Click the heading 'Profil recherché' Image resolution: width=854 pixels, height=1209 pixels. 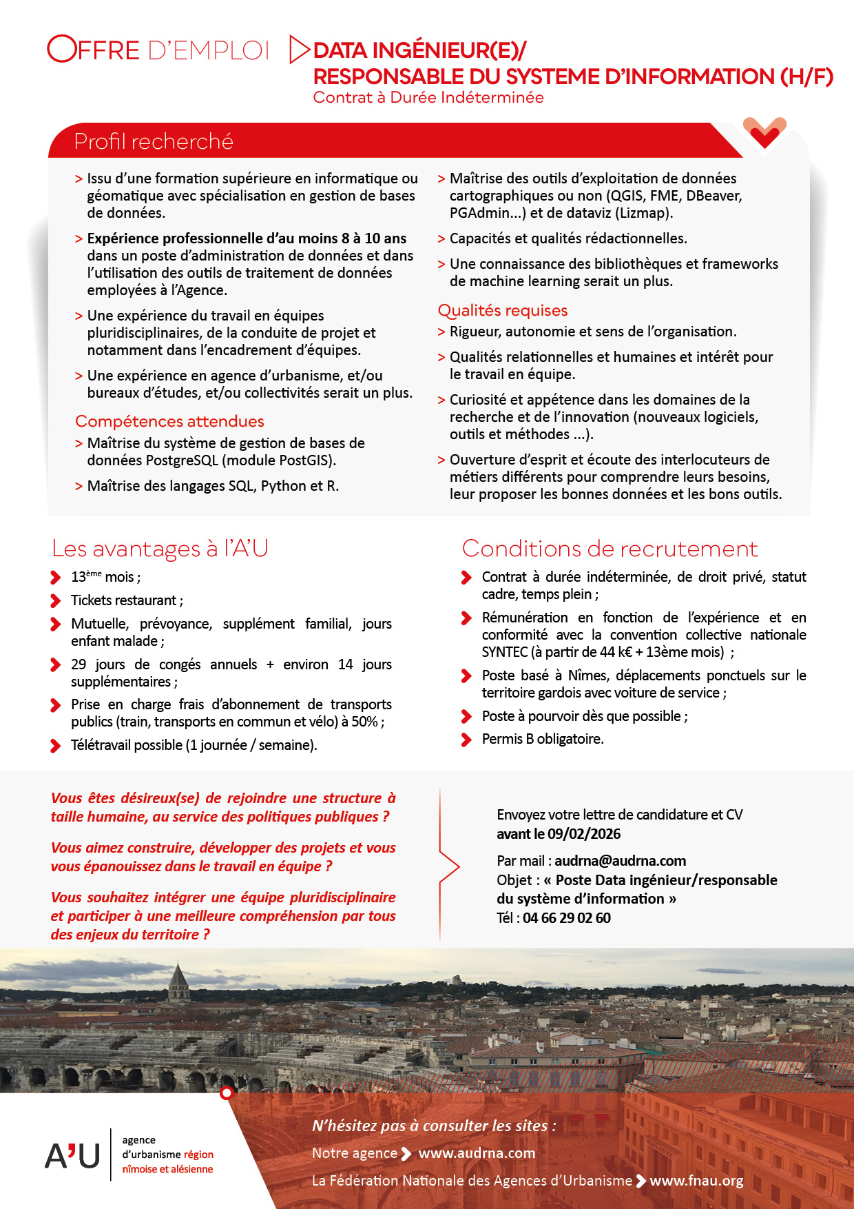click(x=154, y=141)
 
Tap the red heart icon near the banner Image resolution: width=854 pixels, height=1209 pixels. click(x=764, y=132)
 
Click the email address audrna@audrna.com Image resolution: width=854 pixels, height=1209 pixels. click(x=620, y=860)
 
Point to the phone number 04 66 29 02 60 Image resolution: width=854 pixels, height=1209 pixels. click(x=566, y=917)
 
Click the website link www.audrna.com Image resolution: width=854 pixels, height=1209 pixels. click(x=477, y=1152)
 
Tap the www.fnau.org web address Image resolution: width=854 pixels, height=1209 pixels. click(x=696, y=1180)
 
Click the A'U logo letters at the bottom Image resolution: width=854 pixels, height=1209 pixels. click(x=73, y=1155)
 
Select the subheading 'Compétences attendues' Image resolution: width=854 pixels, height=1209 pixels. click(x=169, y=421)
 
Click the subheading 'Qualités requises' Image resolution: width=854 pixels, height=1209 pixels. click(x=503, y=310)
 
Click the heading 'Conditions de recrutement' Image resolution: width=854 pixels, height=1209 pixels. click(x=610, y=549)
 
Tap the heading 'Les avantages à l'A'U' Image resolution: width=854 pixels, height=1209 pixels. click(x=160, y=549)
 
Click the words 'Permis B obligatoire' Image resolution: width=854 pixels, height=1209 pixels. click(x=542, y=739)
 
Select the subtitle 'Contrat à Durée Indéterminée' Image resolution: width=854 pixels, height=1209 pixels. click(x=428, y=97)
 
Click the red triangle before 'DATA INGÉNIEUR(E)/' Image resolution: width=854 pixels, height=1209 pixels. click(x=299, y=50)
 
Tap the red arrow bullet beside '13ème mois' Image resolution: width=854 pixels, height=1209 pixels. click(x=56, y=577)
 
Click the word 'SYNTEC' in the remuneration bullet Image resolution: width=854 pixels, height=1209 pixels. click(x=505, y=651)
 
